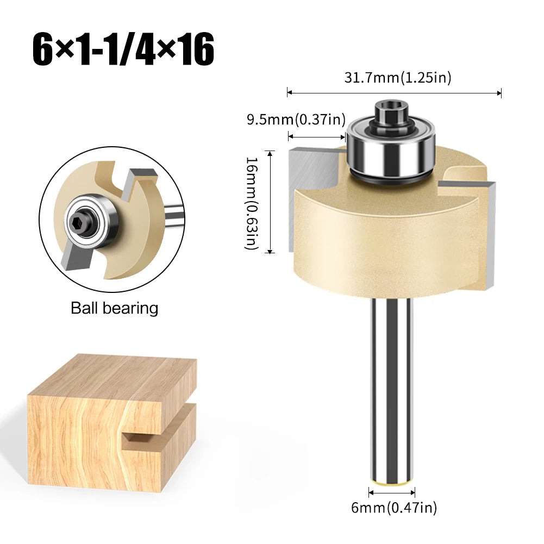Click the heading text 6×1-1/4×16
(x=123, y=51)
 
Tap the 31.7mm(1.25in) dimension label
(x=398, y=78)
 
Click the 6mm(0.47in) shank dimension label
(x=393, y=508)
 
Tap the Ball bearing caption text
(x=115, y=308)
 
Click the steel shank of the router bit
(x=392, y=391)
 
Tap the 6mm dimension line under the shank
(x=392, y=492)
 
